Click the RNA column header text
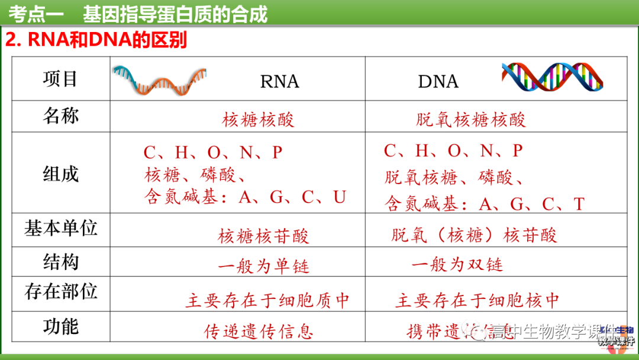pyautogui.click(x=279, y=81)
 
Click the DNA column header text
pyautogui.click(x=438, y=81)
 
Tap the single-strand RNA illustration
pyautogui.click(x=160, y=79)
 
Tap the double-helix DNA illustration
pyautogui.click(x=551, y=77)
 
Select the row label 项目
pyautogui.click(x=60, y=79)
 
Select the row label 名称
pyautogui.click(x=60, y=115)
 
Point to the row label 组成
pyautogui.click(x=60, y=173)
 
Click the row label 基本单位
pyautogui.click(x=60, y=229)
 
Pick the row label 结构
pyautogui.click(x=60, y=262)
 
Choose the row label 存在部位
pyautogui.click(x=60, y=291)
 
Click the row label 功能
pyautogui.click(x=60, y=326)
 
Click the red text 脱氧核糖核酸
pyautogui.click(x=471, y=120)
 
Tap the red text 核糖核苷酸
pyautogui.click(x=263, y=236)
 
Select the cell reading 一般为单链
pyautogui.click(x=263, y=266)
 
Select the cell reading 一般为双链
pyautogui.click(x=457, y=265)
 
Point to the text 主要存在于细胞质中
pyautogui.click(x=267, y=300)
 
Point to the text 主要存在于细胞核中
pyautogui.click(x=477, y=300)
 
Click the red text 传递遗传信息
pyautogui.click(x=259, y=331)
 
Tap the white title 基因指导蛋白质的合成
pyautogui.click(x=175, y=13)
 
